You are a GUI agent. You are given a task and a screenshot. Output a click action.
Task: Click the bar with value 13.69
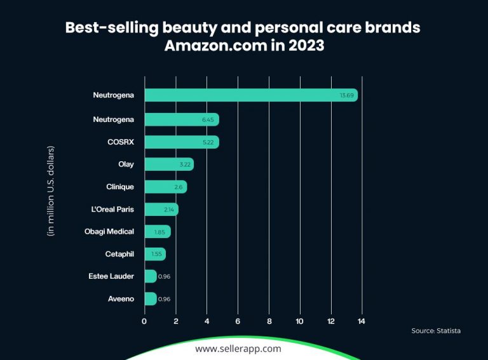(x=251, y=95)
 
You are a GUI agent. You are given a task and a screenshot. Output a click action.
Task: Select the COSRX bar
(x=182, y=142)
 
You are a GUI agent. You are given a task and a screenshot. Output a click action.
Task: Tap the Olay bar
(x=169, y=164)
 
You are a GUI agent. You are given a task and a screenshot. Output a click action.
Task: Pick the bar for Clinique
(x=165, y=187)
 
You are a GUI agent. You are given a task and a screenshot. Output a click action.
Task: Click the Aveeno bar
(x=151, y=298)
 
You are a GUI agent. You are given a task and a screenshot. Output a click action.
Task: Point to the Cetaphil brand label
(x=119, y=254)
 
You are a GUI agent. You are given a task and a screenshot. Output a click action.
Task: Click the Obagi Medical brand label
(x=109, y=231)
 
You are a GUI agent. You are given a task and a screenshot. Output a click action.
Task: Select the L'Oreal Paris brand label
(x=113, y=209)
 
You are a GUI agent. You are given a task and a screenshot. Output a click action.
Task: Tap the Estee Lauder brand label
(x=112, y=276)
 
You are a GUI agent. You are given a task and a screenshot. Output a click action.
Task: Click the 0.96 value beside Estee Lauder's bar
(x=165, y=276)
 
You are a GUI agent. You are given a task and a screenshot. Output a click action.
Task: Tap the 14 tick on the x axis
(x=362, y=321)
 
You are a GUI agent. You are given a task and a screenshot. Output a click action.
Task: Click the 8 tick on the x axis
(x=269, y=321)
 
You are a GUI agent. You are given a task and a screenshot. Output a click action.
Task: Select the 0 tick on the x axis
(x=144, y=321)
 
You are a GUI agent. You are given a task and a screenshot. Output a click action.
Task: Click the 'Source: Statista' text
(x=437, y=331)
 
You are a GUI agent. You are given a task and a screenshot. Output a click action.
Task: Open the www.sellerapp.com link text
(x=238, y=349)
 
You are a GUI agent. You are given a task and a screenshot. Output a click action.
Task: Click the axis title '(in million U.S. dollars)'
(x=51, y=191)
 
